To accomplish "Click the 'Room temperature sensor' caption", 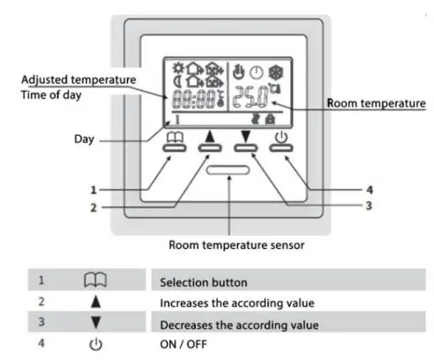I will pos(230,244).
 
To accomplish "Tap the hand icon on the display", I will pos(237,71).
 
